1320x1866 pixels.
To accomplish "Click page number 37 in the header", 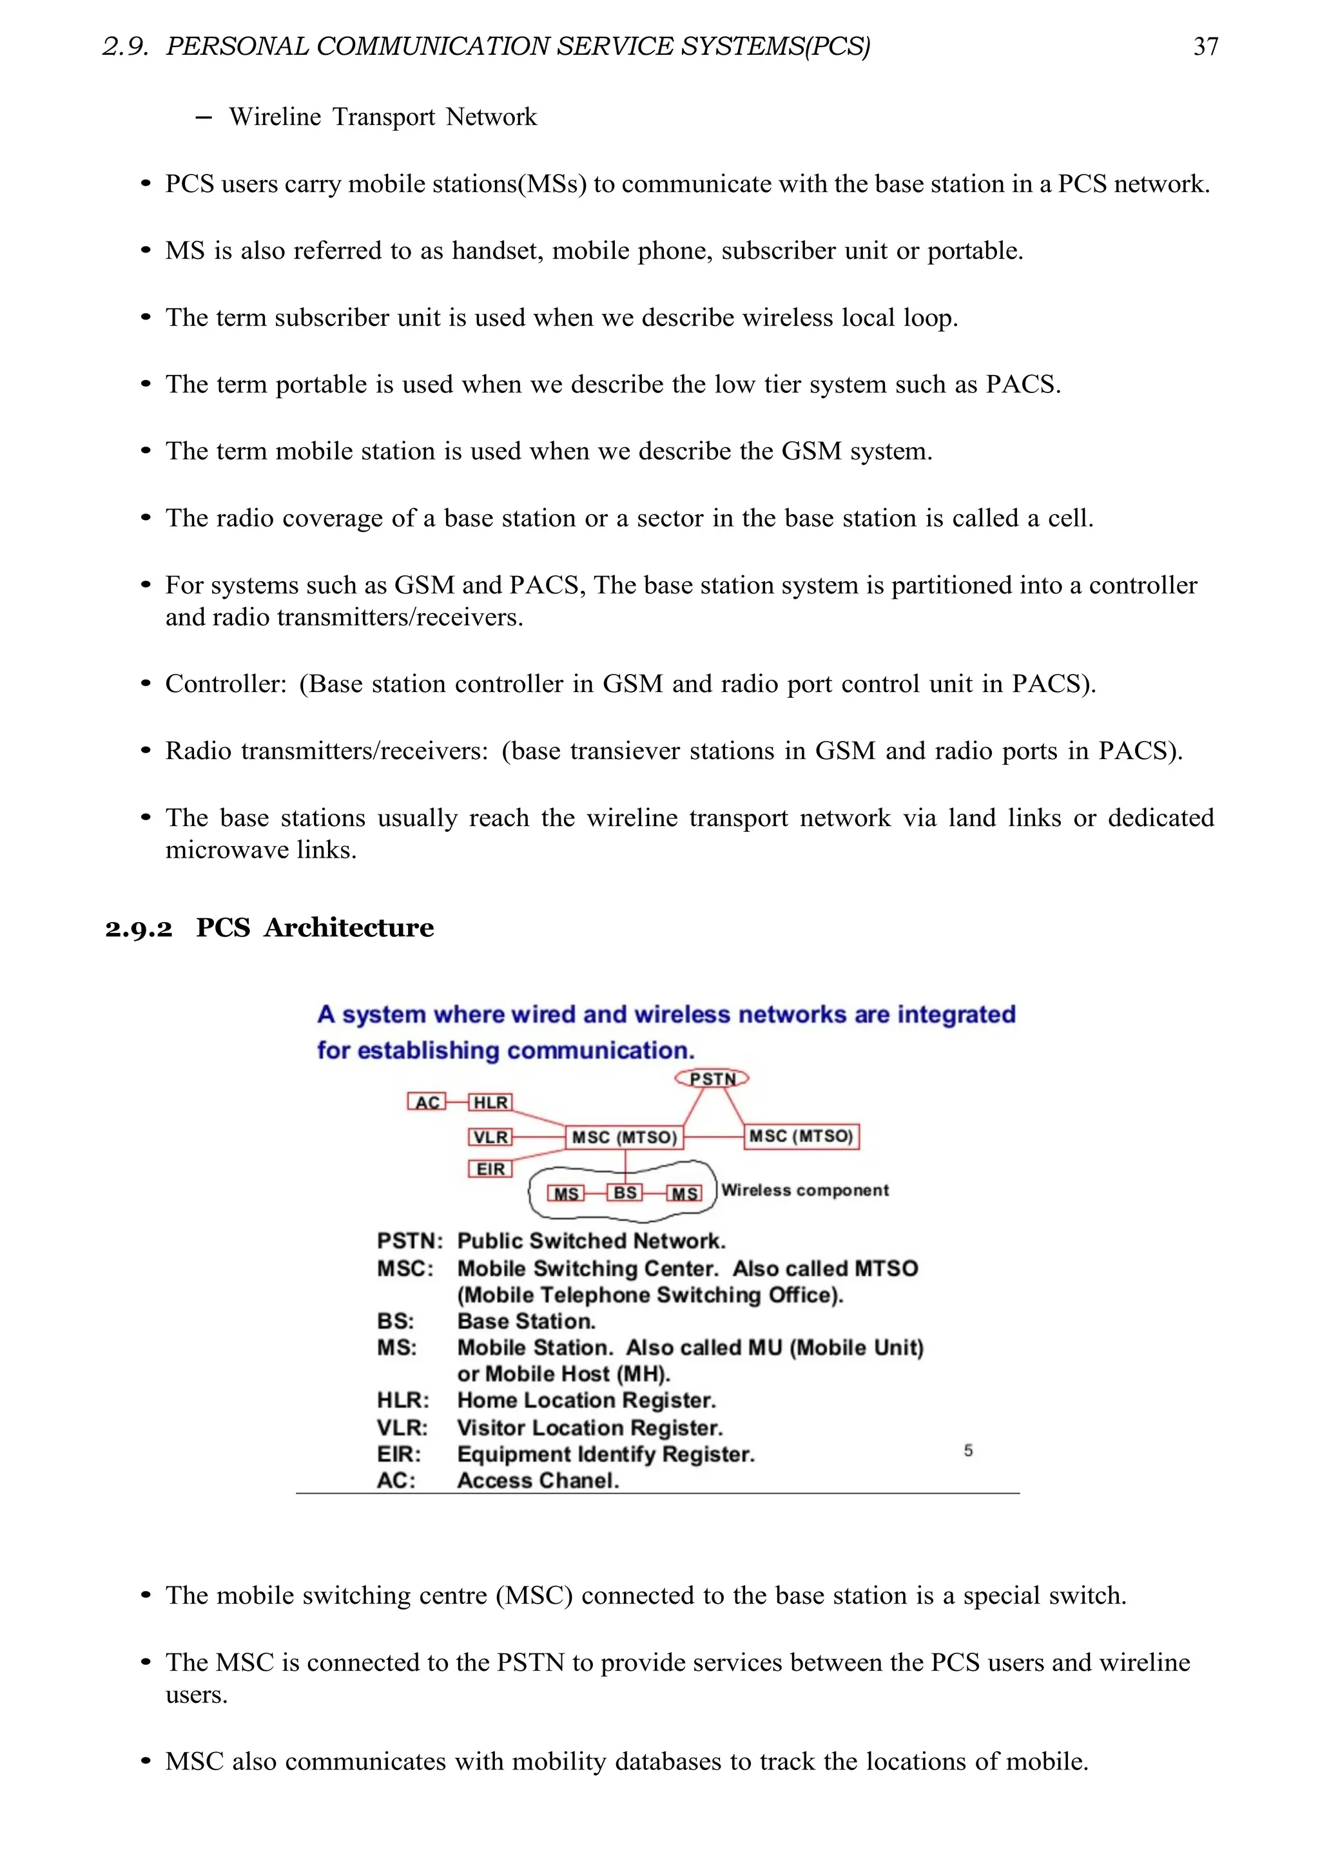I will pos(1205,46).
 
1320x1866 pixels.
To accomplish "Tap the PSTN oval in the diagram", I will pos(712,1079).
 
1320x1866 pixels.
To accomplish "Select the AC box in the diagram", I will pos(427,1102).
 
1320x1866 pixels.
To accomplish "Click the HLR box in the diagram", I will pos(490,1102).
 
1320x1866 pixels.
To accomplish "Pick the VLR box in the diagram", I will pos(490,1137).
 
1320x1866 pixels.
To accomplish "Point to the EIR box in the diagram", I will pos(490,1169).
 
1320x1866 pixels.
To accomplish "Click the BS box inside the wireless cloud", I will pos(625,1192).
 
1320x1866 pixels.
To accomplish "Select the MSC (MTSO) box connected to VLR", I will pos(625,1137).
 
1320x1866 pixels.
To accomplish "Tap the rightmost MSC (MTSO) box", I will pos(801,1136).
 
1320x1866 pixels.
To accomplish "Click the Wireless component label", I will pos(804,1190).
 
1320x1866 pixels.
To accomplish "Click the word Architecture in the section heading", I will pos(349,927).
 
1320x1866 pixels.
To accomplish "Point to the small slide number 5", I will pos(968,1450).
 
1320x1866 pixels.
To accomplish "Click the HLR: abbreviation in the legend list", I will pos(402,1400).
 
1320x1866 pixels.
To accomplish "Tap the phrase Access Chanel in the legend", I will pos(538,1480).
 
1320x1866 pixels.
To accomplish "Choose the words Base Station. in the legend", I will pos(526,1321).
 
